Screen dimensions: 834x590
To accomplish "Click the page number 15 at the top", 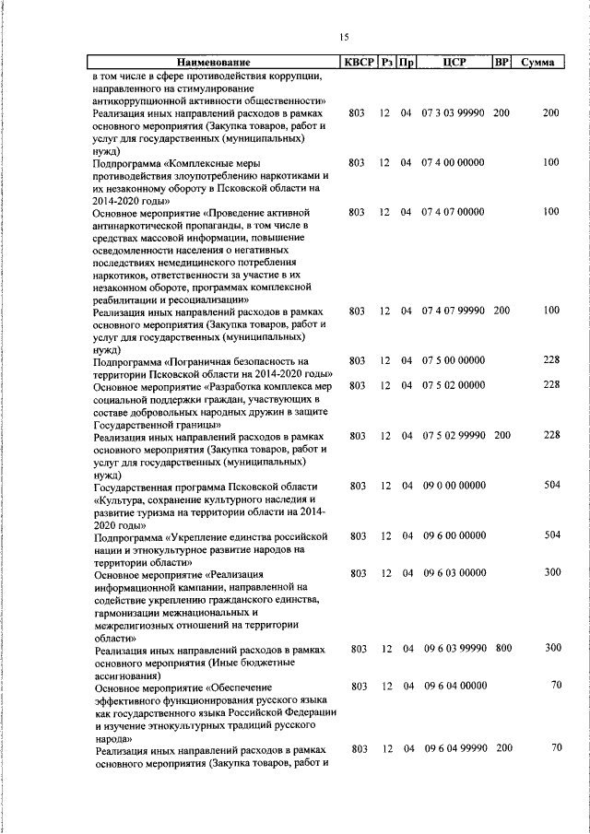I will pyautogui.click(x=344, y=37).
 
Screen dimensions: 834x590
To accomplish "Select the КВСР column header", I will pyautogui.click(x=359, y=64).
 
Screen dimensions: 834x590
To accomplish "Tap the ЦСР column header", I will pyautogui.click(x=453, y=64).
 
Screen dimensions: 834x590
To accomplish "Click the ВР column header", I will pyautogui.click(x=501, y=64).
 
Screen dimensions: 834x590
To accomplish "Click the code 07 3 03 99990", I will pyautogui.click(x=454, y=113).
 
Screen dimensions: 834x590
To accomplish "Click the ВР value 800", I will pyautogui.click(x=502, y=648).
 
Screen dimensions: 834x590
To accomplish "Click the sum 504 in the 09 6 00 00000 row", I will pyautogui.click(x=551, y=534).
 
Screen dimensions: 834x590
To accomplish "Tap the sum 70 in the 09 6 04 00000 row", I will pyautogui.click(x=555, y=685).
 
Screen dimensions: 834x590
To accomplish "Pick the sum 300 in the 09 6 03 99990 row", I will pyautogui.click(x=551, y=648).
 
